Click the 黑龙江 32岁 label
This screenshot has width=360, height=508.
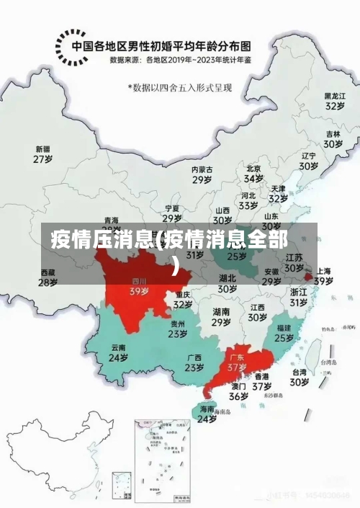click(334, 100)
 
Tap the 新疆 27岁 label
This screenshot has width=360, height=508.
click(42, 154)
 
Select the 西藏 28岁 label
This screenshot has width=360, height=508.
click(48, 278)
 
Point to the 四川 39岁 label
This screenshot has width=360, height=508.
click(139, 287)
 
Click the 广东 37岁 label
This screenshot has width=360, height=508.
click(237, 362)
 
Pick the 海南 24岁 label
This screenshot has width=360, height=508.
click(207, 414)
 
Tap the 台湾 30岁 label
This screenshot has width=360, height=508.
click(300, 378)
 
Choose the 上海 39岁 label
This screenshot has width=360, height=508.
click(323, 276)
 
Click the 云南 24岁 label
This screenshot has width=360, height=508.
click(118, 352)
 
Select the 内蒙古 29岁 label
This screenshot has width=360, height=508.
click(202, 174)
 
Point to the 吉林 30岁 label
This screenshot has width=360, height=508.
click(333, 139)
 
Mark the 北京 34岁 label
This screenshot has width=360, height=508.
click(253, 174)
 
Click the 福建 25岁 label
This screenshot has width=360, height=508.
click(284, 332)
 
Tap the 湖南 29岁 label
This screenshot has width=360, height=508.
click(222, 317)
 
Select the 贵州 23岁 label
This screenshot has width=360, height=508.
click(178, 329)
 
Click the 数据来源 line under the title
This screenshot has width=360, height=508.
click(181, 61)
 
